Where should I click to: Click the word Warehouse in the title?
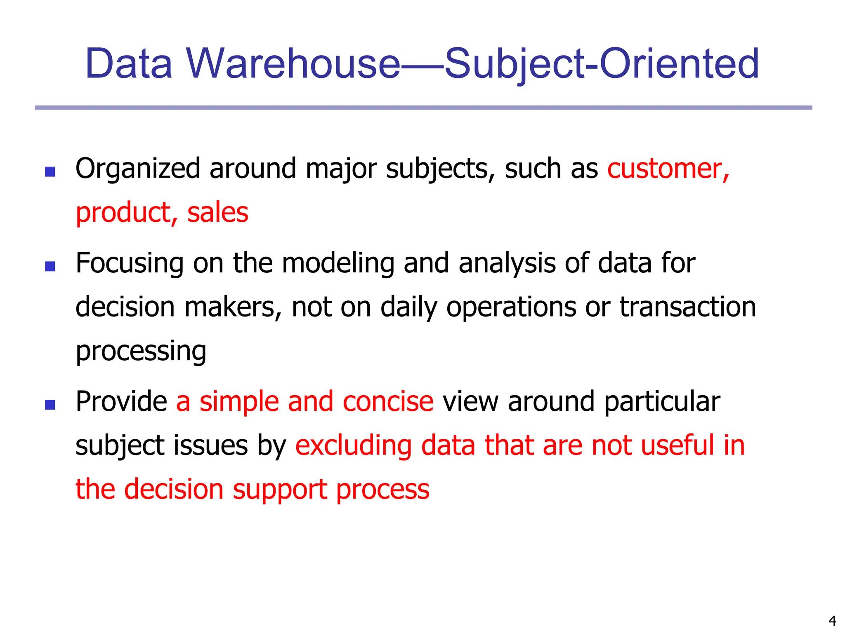[x=293, y=64]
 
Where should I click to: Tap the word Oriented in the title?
[x=679, y=64]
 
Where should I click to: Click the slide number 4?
[x=832, y=620]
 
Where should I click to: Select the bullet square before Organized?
[x=50, y=171]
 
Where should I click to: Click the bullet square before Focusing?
[x=50, y=266]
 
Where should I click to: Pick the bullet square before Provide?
[x=50, y=404]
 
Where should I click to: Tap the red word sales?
[x=217, y=213]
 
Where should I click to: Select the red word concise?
[x=388, y=402]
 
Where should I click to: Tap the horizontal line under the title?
[x=423, y=108]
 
